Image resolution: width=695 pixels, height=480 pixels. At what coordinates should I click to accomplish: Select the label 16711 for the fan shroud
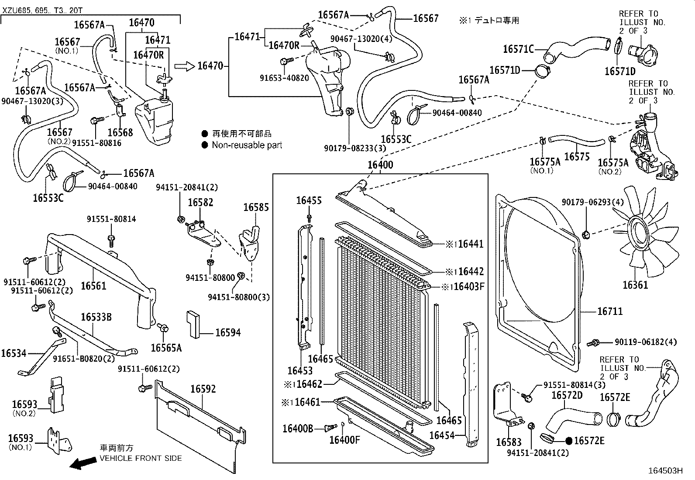610,311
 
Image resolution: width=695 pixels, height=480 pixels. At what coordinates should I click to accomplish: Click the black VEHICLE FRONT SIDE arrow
84,463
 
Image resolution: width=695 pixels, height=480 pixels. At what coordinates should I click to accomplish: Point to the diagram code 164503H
665,471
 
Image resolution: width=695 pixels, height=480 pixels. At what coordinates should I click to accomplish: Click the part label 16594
228,333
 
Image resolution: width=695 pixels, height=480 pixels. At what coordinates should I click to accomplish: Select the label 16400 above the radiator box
380,165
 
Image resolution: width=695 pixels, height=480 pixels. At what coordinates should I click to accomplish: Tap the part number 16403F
469,287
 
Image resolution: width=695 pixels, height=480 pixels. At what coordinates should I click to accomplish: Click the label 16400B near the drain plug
298,428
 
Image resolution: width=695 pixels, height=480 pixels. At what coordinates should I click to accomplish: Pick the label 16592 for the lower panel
203,389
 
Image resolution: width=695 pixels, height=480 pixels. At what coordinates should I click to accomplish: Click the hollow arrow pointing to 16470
184,66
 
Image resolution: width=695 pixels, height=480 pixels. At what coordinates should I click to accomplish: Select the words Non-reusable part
247,145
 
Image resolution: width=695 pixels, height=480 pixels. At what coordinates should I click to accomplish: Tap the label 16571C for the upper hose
518,49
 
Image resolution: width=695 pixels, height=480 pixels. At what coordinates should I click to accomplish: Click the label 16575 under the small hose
577,157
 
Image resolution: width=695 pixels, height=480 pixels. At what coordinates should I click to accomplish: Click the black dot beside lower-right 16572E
569,441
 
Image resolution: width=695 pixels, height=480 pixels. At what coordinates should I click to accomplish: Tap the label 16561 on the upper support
93,286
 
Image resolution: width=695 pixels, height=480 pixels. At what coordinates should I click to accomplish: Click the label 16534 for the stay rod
14,353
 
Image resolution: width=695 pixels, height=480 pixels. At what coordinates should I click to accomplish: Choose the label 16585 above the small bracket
256,207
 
